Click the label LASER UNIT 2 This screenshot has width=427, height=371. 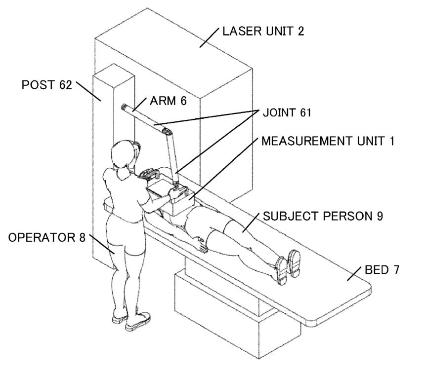click(263, 32)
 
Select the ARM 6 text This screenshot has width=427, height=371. click(168, 102)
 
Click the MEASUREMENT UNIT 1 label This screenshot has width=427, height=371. click(328, 141)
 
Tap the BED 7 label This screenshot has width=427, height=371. click(382, 270)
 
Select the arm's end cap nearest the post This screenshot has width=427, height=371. click(124, 107)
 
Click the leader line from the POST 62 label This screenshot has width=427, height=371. click(89, 91)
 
